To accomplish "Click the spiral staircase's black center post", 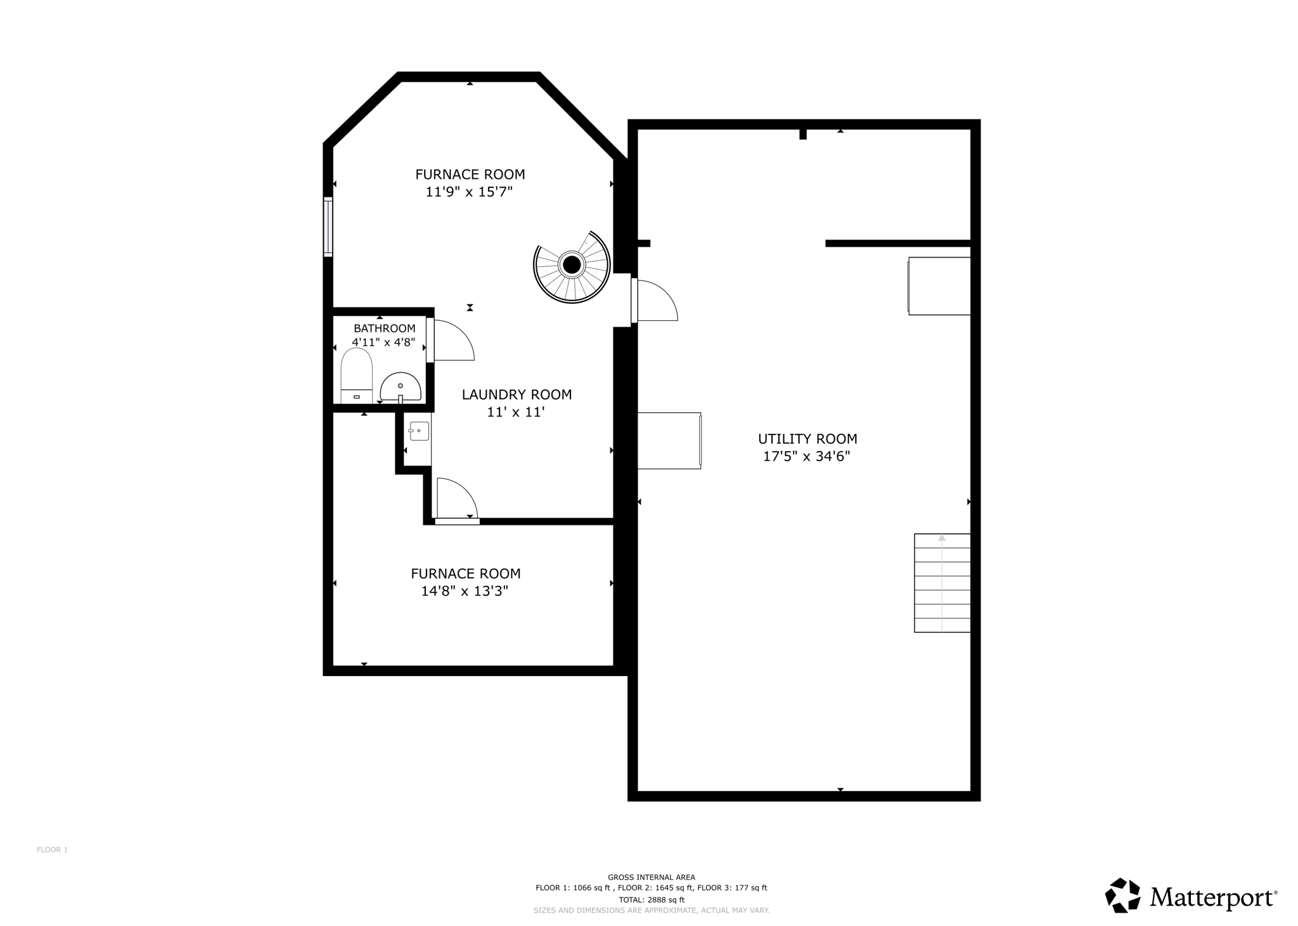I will tap(572, 264).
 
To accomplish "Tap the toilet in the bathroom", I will tap(357, 375).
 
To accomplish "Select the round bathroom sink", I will tap(401, 386).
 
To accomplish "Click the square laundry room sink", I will tap(419, 431).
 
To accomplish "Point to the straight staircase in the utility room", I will tap(942, 583).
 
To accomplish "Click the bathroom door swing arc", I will tap(454, 341).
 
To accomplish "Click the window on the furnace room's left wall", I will tap(328, 226).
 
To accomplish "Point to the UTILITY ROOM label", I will tap(807, 438).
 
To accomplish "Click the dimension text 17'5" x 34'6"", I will tap(806, 456).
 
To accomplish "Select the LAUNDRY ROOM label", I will tap(517, 395).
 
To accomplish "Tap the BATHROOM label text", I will tap(384, 328).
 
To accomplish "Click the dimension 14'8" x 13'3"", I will tap(465, 591).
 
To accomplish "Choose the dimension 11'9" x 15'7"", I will tap(469, 192).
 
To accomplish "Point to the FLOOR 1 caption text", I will tap(52, 850).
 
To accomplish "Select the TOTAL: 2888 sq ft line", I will tap(652, 899).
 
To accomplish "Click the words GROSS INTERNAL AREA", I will tap(652, 877).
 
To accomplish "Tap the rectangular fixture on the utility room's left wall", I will tap(669, 441).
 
